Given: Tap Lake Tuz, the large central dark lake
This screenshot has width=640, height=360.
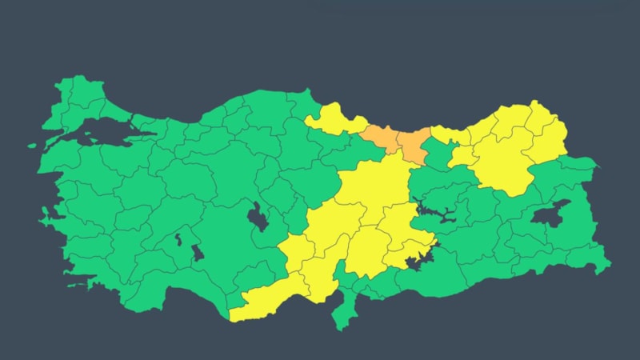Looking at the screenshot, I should tap(258, 216).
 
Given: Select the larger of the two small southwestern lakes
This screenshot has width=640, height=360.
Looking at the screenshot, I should tap(195, 252).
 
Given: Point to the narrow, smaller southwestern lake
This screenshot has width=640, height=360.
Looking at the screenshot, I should tap(178, 238).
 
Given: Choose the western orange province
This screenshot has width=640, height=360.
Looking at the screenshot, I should tap(379, 137).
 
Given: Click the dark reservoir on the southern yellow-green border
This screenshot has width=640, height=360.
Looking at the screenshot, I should tap(416, 262).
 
